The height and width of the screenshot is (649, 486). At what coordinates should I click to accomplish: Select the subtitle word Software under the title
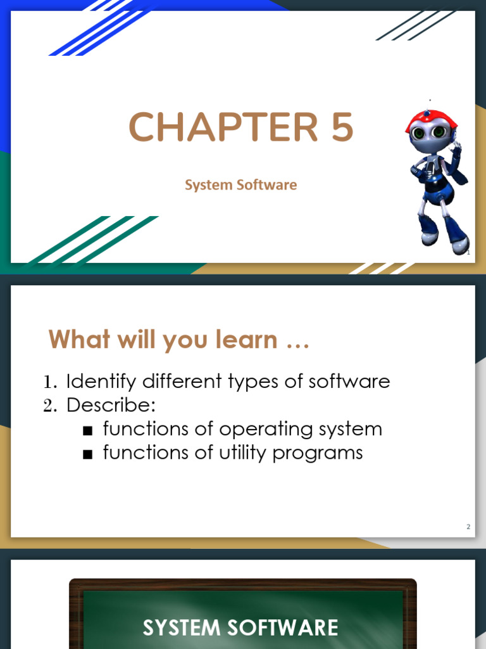pos(266,185)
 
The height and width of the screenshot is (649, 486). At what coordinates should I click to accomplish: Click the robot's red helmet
pos(432,120)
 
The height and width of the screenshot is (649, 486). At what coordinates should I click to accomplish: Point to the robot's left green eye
pos(418,133)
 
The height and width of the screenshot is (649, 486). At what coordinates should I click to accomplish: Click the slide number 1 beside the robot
pos(468,254)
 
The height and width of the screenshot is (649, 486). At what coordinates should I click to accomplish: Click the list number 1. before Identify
pos(51,382)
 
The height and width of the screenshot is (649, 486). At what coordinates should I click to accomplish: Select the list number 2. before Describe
pos(51,406)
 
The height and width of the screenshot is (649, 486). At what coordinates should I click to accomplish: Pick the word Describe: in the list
pos(111,405)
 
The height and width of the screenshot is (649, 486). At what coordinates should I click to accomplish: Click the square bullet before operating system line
pos(88,430)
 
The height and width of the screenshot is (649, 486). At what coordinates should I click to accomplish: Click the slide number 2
pos(468,527)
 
